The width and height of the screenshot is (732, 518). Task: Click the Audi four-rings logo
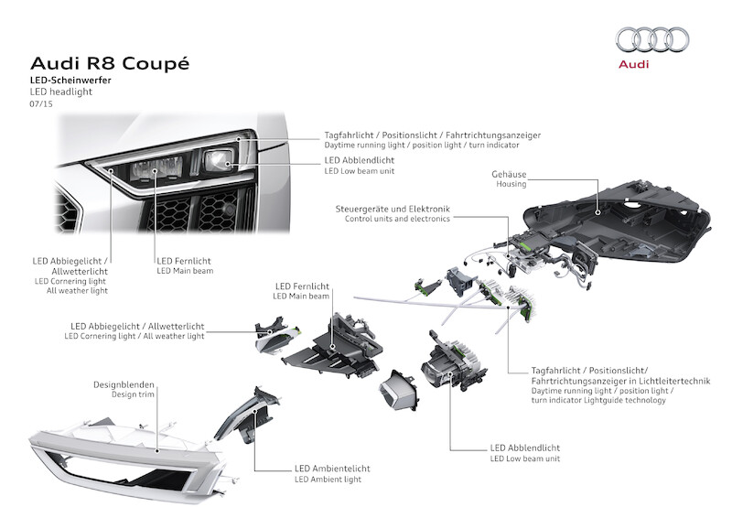pos(651,39)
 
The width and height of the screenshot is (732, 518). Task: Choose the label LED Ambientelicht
pos(333,468)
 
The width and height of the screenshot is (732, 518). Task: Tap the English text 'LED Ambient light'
pos(328,479)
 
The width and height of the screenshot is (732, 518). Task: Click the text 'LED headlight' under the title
pos(61,92)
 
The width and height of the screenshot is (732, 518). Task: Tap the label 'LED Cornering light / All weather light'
pos(135,337)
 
